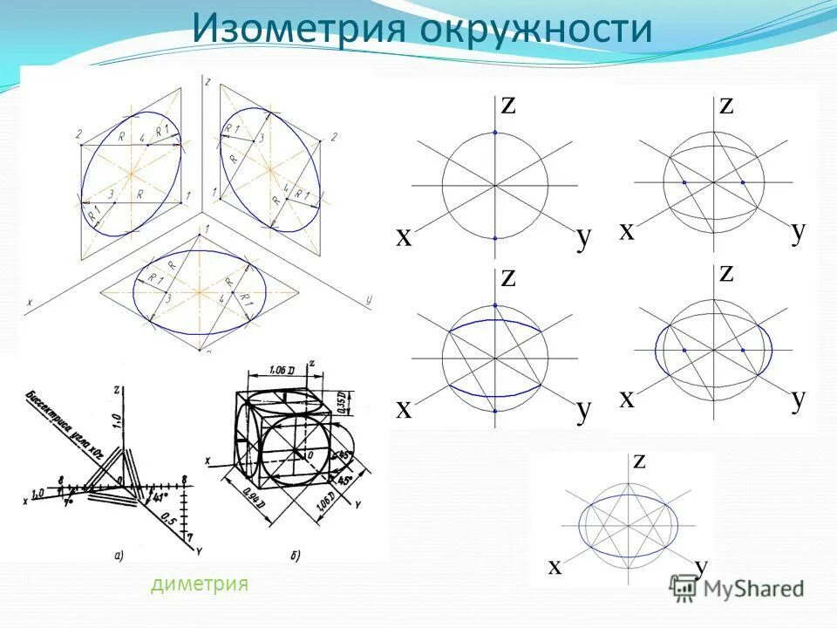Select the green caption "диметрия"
click(x=200, y=584)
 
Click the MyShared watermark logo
click(x=737, y=588)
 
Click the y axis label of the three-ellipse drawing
click(x=370, y=300)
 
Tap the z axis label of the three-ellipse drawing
click(x=207, y=81)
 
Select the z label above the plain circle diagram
click(x=508, y=105)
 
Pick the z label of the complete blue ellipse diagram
click(x=639, y=461)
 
